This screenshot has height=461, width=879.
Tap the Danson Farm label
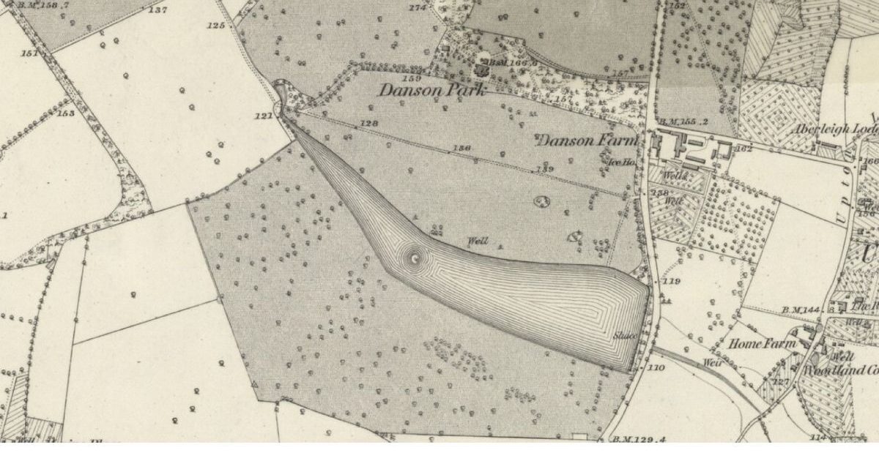tap(588, 140)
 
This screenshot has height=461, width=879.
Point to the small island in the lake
tap(415, 257)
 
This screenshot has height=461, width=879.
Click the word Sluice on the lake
tap(624, 336)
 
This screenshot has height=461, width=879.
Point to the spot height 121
tap(263, 116)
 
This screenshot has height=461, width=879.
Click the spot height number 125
tap(215, 26)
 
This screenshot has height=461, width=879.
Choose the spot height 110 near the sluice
tap(656, 367)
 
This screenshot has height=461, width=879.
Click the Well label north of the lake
tap(477, 241)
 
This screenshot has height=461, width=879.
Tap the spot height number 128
tap(369, 124)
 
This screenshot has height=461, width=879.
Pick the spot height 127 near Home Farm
tap(781, 382)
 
